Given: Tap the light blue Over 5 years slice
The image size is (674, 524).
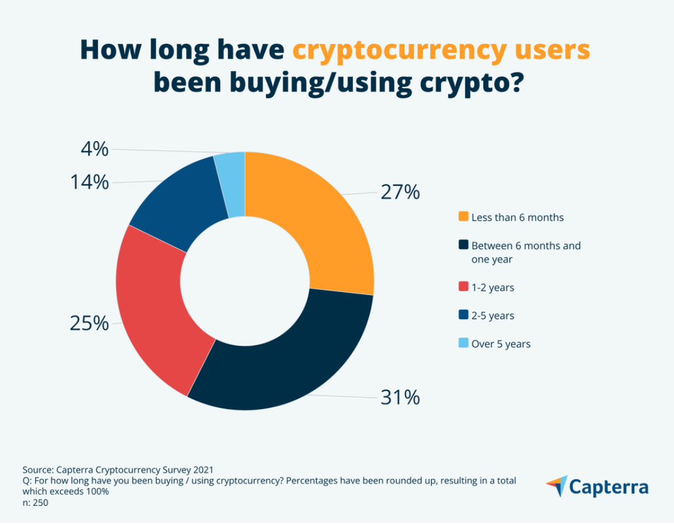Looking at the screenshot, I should point(232,183).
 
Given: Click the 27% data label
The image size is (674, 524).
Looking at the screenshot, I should point(400,193).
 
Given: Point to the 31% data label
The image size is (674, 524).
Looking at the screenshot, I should point(400,397).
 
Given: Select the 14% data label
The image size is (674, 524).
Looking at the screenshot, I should point(89,182).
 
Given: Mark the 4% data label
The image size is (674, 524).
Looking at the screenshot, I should point(95,150).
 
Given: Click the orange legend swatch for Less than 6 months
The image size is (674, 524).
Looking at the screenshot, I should point(463,216).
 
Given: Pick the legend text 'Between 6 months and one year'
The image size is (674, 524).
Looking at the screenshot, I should point(526,252).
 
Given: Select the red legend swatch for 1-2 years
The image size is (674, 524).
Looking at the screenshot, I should point(463,287).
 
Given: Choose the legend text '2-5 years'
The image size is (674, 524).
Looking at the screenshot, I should point(492,316).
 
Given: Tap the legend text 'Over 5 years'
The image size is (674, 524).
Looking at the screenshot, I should point(501,344).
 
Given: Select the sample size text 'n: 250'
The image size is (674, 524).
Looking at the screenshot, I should point(35,503).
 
